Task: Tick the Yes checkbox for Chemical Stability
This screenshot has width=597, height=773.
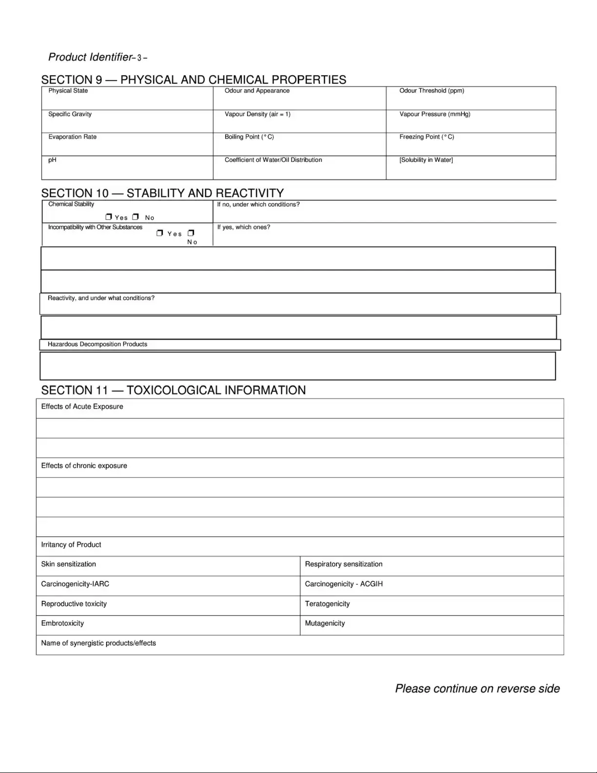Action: [109, 217]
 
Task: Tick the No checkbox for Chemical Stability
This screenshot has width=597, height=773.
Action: [135, 217]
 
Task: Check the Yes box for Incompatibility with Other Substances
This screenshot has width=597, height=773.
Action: [160, 233]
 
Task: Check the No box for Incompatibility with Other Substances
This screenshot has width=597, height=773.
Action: [191, 233]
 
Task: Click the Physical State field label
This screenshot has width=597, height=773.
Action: [68, 91]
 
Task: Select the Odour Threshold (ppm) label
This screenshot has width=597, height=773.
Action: [431, 91]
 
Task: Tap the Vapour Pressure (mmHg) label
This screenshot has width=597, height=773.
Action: [435, 114]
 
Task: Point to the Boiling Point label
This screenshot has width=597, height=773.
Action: [249, 137]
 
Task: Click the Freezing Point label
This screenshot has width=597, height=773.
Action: [426, 137]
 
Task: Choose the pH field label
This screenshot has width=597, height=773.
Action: [52, 160]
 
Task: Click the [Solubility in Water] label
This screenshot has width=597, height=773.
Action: [426, 160]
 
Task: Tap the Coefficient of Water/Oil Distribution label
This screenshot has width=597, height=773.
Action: [273, 160]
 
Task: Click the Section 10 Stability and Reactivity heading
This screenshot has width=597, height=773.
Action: [162, 193]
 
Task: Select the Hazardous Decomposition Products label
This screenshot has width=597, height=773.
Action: [97, 344]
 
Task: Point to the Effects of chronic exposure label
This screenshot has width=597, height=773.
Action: [84, 466]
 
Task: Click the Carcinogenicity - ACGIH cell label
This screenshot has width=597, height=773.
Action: [344, 584]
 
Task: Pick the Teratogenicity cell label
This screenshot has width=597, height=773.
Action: [327, 604]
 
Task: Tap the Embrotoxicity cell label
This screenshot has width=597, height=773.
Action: [62, 623]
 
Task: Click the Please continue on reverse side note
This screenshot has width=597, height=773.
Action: [477, 689]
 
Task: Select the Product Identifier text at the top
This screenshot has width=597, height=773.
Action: [90, 57]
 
